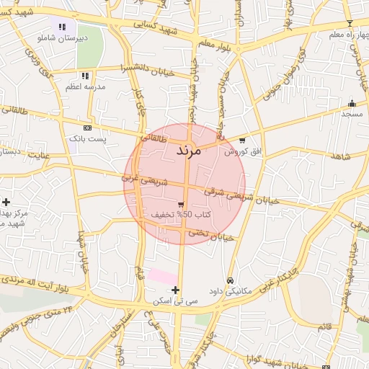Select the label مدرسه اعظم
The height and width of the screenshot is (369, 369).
[x=86, y=86]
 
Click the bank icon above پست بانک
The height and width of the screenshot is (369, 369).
[x=87, y=128]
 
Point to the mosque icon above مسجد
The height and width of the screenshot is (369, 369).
[x=352, y=103]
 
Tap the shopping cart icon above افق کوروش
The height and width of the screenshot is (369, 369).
[x=242, y=141]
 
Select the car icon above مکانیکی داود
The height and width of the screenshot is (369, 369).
[x=230, y=280]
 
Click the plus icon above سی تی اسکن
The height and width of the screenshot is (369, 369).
[x=175, y=289]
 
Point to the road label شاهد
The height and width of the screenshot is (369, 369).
[x=340, y=156]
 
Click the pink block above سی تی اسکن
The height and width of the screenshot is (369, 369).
[x=163, y=276]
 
